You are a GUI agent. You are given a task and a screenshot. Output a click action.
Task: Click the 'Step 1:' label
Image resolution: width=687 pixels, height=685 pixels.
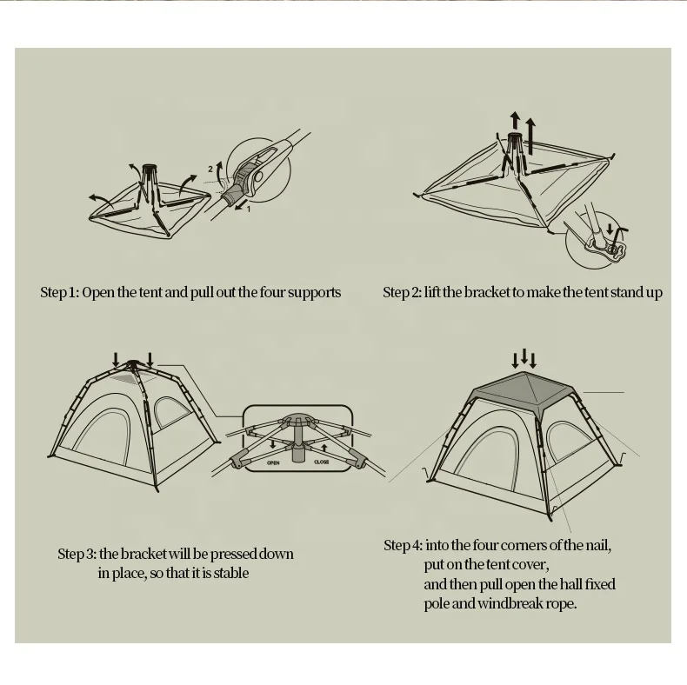(59, 292)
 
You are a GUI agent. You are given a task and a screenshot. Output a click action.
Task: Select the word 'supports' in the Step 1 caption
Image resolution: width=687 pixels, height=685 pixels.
(313, 293)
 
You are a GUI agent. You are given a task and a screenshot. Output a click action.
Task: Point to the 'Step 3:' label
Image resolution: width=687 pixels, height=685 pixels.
(77, 554)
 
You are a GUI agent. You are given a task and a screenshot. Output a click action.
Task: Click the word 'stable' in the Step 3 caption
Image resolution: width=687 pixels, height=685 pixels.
(230, 573)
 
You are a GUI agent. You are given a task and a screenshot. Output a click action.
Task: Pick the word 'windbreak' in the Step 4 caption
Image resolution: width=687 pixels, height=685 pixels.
(512, 603)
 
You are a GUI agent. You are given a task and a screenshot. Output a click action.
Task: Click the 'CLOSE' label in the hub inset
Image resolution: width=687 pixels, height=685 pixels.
(322, 462)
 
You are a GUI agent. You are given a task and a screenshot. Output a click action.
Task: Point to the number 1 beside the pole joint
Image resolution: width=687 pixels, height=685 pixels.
(249, 209)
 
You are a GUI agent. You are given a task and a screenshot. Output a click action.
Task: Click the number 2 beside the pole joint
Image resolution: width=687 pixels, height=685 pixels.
(210, 167)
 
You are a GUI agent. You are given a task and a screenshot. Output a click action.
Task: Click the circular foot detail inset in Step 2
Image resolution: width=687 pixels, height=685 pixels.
(599, 244)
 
